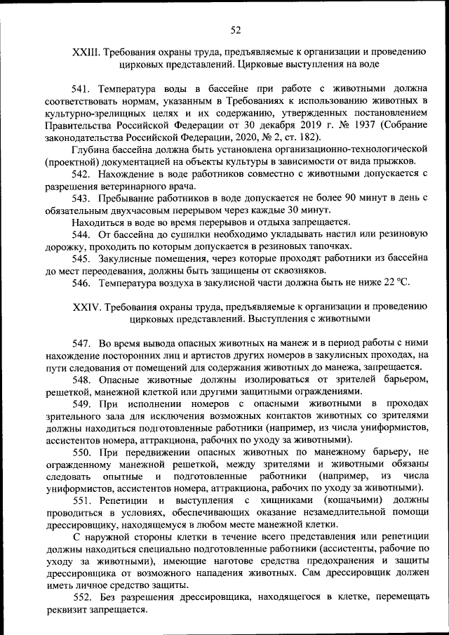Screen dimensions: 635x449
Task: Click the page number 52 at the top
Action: pos(235,29)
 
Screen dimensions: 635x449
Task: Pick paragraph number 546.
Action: pos(83,283)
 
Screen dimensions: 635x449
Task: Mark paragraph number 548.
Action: pos(83,380)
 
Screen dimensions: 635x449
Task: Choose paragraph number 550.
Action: pos(83,453)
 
